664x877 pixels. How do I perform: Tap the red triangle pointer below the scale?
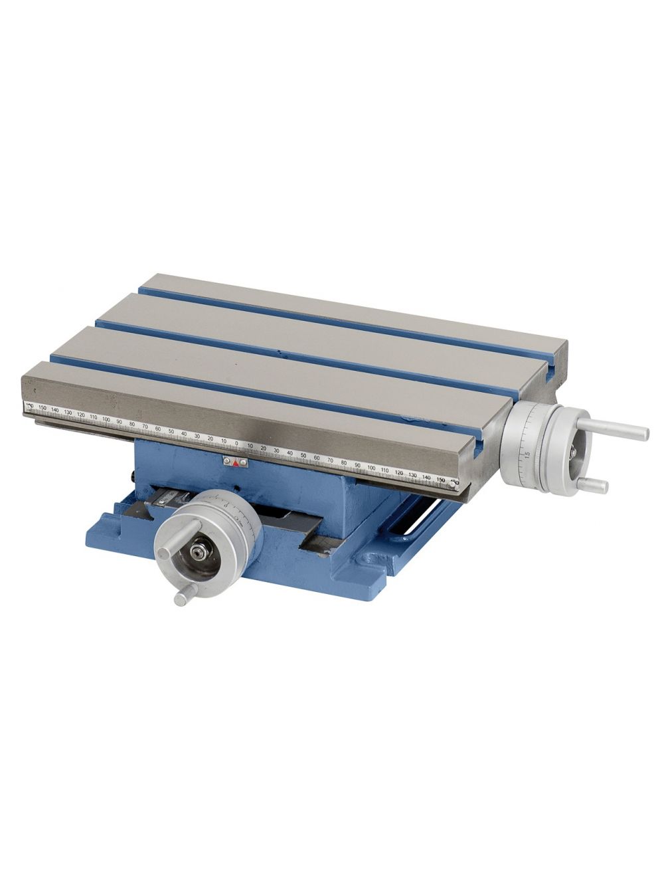[236, 464]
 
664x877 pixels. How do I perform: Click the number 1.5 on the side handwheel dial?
[527, 456]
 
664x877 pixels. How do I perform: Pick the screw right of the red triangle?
[244, 462]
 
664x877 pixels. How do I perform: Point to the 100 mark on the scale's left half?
[106, 420]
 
